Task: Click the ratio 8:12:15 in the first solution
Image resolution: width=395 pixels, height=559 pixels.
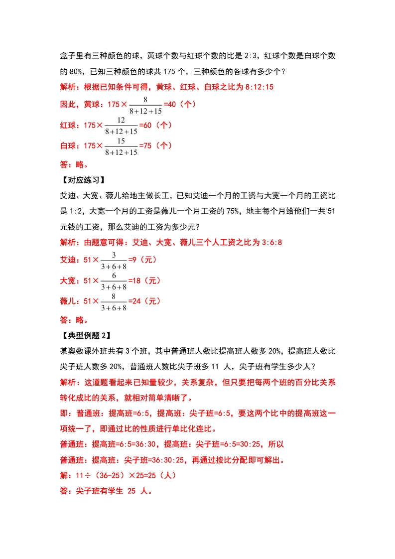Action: [x=260, y=87]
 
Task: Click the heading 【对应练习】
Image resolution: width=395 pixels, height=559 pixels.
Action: [x=81, y=180]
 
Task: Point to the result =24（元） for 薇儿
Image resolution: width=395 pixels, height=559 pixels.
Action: [x=144, y=301]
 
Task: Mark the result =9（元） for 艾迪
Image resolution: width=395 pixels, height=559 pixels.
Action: [x=142, y=260]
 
